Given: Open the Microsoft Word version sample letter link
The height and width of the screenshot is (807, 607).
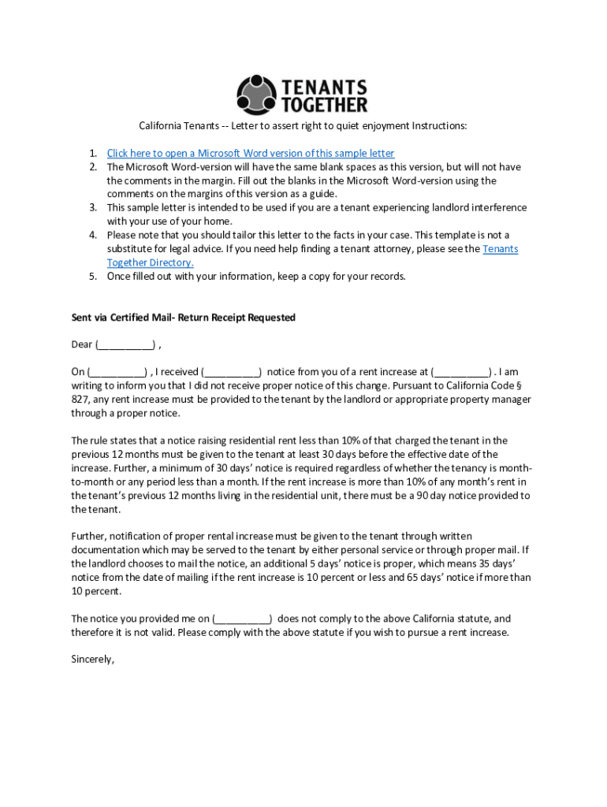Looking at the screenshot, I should [x=251, y=153].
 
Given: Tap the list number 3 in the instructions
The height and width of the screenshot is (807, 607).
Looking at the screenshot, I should [x=92, y=208].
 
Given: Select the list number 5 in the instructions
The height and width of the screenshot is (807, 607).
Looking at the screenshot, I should [x=92, y=277].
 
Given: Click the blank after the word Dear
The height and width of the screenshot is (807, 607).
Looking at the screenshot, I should [x=125, y=345].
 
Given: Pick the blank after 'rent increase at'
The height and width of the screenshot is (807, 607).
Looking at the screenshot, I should [x=461, y=372].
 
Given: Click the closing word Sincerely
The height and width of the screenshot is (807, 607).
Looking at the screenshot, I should [x=93, y=660].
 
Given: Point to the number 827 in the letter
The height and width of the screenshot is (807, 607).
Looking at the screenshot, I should [x=80, y=400].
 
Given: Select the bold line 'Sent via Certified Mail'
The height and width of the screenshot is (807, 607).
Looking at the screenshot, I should [x=183, y=318].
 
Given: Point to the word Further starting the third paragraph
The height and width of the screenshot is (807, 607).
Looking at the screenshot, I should [x=91, y=537].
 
